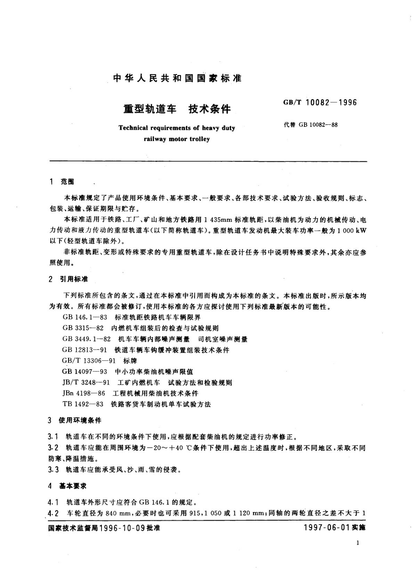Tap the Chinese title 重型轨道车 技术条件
coord(177,109)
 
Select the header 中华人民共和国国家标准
coord(177,78)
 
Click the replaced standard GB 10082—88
coord(311,125)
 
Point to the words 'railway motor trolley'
coord(177,139)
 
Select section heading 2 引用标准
coord(69,279)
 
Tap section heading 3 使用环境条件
coord(75,420)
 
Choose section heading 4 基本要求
coord(68,486)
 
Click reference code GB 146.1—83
coord(83,317)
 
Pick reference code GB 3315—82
coord(83,328)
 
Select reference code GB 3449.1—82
coord(87,339)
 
